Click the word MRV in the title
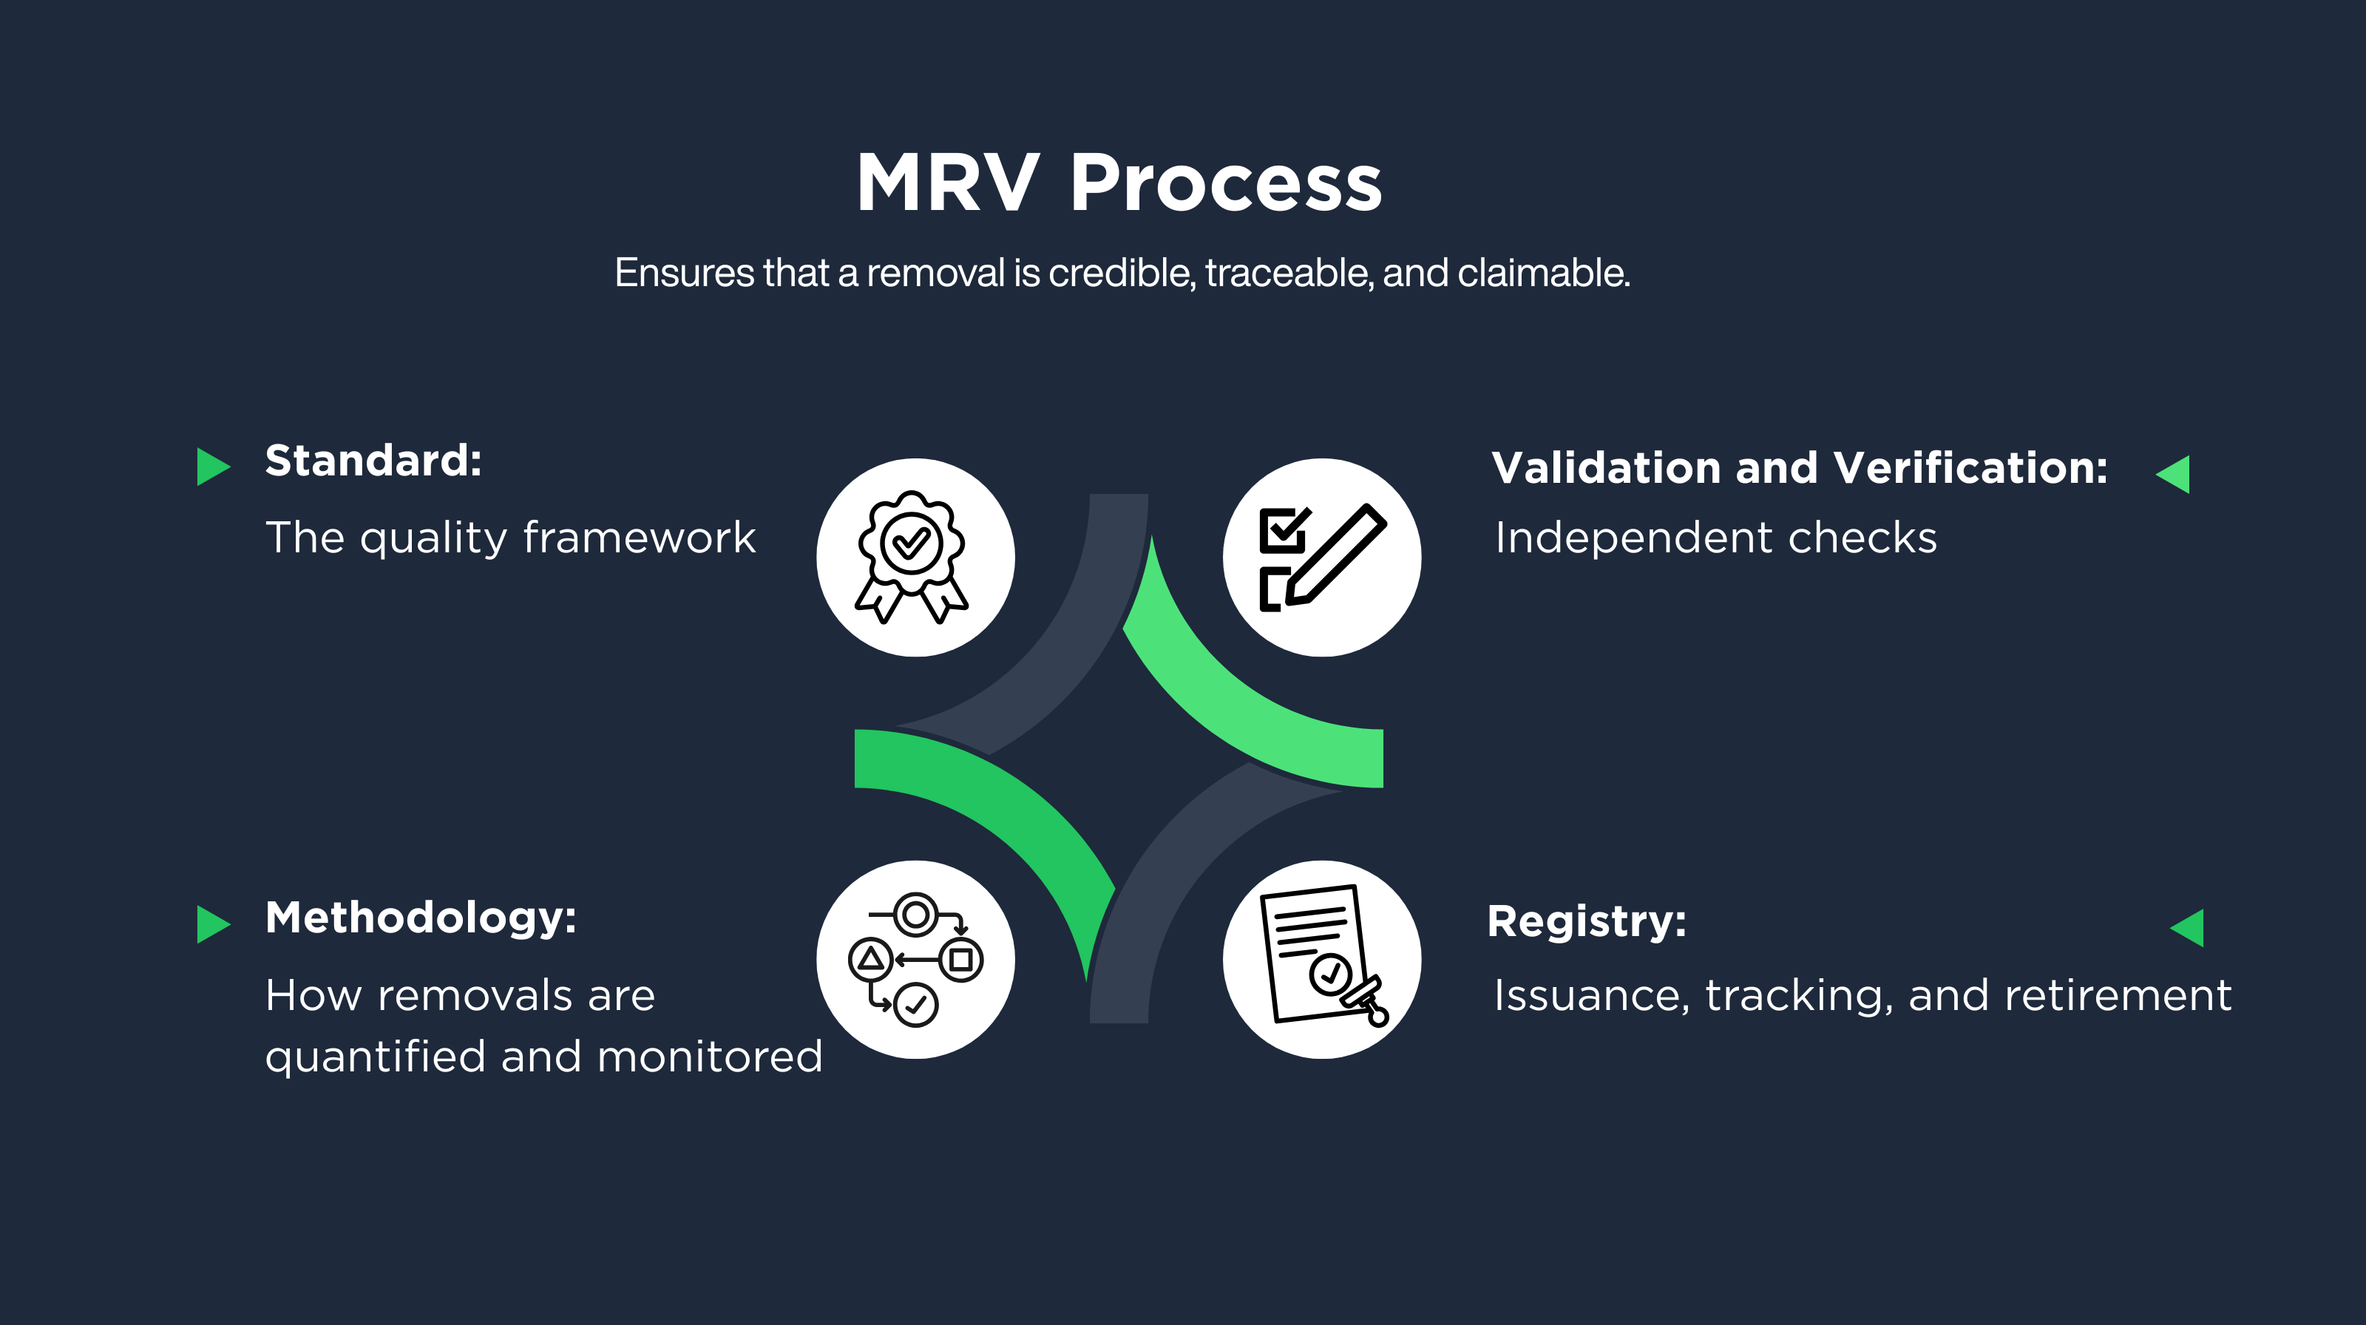(948, 183)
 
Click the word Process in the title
(1225, 183)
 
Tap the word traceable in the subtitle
(1289, 273)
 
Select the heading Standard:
(373, 460)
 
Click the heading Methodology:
(421, 918)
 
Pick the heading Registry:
(1586, 921)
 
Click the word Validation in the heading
(1604, 467)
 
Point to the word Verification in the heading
(1970, 467)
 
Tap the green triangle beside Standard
(213, 467)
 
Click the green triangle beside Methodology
(213, 924)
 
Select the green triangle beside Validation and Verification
(2174, 475)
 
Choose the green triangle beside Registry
(2188, 927)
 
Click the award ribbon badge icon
(915, 558)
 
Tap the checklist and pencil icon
(1322, 558)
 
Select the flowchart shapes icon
(915, 960)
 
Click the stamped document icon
(1322, 960)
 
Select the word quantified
(375, 1057)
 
